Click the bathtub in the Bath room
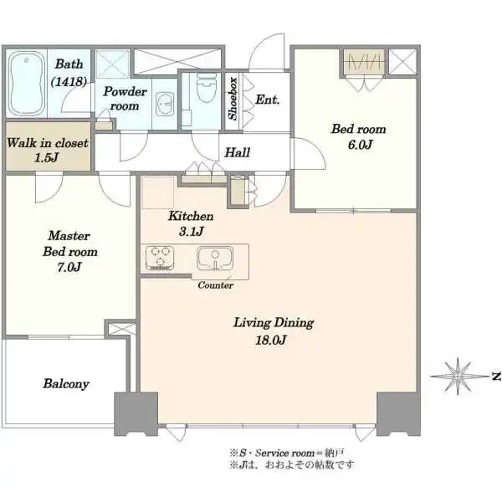[27, 84]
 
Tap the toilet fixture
[206, 88]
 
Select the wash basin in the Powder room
[165, 104]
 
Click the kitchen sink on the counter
[215, 258]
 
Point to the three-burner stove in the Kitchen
[160, 258]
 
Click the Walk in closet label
[48, 143]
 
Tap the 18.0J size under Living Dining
[270, 340]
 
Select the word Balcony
[66, 384]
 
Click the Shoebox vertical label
[233, 98]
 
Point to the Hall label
[238, 152]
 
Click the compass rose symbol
[458, 376]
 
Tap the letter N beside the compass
[496, 376]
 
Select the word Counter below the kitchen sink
[216, 285]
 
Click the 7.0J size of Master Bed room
[69, 267]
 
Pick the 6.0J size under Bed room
[360, 145]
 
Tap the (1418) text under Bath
[69, 82]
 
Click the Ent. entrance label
[268, 100]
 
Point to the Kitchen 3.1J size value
[191, 231]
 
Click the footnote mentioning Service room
[286, 453]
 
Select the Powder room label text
[125, 99]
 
